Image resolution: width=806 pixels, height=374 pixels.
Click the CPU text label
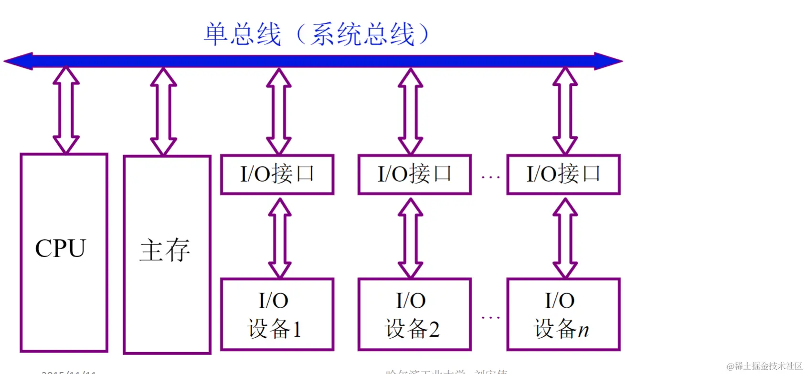pyautogui.click(x=60, y=249)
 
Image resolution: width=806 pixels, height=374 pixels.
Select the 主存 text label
pyautogui.click(x=165, y=250)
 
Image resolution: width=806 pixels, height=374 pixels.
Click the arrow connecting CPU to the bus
pyautogui.click(x=66, y=110)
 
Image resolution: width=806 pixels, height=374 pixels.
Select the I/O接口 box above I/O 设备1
pyautogui.click(x=277, y=174)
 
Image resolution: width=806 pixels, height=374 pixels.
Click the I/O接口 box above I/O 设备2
pyautogui.click(x=414, y=174)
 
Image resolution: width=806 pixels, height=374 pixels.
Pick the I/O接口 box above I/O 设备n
pyautogui.click(x=563, y=174)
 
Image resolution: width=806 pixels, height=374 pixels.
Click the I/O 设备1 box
pyautogui.click(x=277, y=315)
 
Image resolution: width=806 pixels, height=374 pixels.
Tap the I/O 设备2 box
pyautogui.click(x=414, y=315)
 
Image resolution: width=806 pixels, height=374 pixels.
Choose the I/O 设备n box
pyautogui.click(x=563, y=315)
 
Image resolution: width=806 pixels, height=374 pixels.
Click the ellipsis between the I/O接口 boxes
pyautogui.click(x=490, y=177)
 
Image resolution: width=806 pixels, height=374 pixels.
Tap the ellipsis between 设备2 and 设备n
pyautogui.click(x=490, y=317)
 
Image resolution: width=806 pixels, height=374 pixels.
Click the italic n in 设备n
pyautogui.click(x=583, y=330)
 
